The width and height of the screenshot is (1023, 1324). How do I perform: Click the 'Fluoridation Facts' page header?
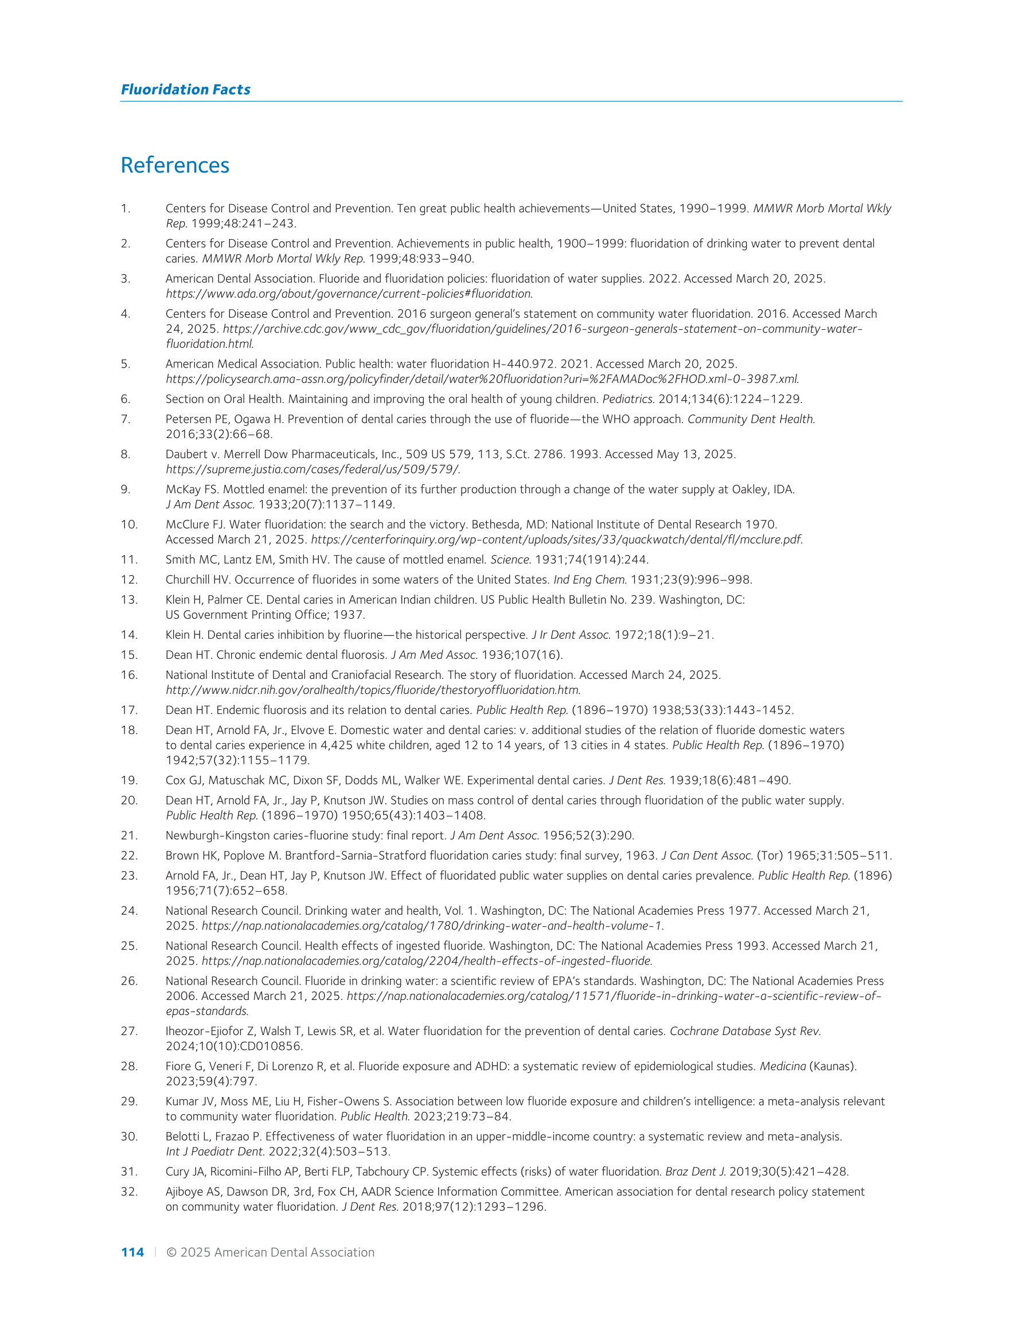click(x=186, y=89)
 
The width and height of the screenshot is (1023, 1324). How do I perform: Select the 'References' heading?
click(x=175, y=165)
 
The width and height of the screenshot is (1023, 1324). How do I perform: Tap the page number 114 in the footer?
click(x=132, y=1252)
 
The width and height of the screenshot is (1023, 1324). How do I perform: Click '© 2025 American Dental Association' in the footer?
click(x=271, y=1252)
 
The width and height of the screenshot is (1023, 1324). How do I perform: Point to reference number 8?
click(x=126, y=454)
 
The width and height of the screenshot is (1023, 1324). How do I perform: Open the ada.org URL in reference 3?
click(x=349, y=294)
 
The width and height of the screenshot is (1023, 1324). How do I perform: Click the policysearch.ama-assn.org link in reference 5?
click(x=482, y=379)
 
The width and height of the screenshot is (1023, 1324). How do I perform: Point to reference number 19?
click(x=129, y=780)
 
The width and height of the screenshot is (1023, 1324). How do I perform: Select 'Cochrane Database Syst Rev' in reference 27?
click(x=745, y=1031)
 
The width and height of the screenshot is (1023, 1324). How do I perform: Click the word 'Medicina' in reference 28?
click(x=783, y=1067)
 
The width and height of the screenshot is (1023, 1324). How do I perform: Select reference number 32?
click(x=129, y=1192)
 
